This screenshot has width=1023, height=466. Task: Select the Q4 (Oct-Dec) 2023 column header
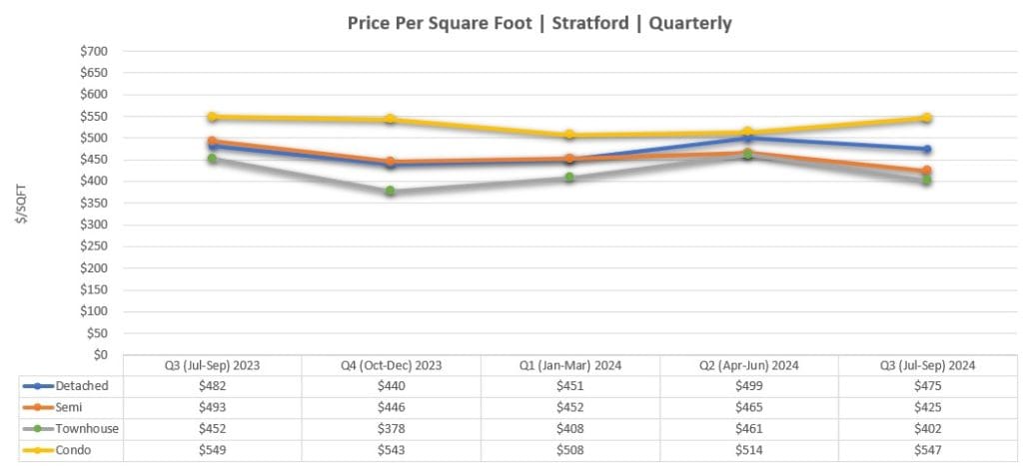391,365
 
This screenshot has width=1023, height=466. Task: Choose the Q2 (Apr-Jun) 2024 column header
747,365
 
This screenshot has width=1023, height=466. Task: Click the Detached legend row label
83,386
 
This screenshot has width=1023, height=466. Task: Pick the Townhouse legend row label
89,429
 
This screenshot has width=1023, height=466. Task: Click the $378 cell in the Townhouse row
391,429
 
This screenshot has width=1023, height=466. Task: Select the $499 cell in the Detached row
747,386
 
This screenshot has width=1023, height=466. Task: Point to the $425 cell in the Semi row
926,407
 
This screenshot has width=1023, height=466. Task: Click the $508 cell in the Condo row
569,450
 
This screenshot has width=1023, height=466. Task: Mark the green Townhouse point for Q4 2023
391,191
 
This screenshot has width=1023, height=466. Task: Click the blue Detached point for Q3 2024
926,149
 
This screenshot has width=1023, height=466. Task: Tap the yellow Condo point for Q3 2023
213,117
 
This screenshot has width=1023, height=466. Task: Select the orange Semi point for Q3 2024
926,171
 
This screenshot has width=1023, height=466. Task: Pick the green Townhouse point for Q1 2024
569,178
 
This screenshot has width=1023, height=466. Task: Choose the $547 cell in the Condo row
926,450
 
